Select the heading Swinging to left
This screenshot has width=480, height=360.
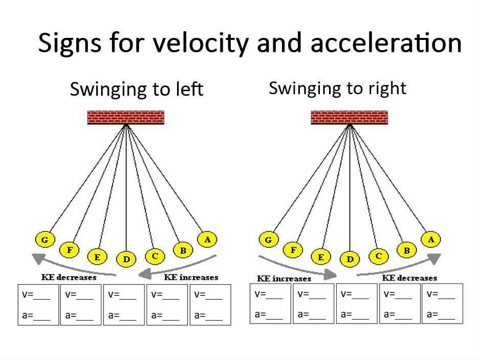(137, 89)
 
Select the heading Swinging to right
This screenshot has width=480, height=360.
(337, 88)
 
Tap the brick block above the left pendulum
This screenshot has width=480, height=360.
(126, 117)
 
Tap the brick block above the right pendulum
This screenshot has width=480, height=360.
(350, 117)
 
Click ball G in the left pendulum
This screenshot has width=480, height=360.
(45, 239)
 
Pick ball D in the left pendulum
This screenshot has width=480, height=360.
(126, 259)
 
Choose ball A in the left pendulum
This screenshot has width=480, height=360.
(207, 239)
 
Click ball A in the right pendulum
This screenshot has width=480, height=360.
(430, 239)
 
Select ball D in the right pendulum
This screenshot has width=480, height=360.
(350, 259)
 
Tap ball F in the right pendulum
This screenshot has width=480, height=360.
(293, 250)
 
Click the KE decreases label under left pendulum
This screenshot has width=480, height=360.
(69, 278)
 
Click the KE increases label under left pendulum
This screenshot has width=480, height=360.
(190, 278)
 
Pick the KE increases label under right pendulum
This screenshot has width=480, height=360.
(284, 279)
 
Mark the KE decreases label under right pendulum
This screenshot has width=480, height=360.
(409, 278)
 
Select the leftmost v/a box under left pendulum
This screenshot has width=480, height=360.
(38, 305)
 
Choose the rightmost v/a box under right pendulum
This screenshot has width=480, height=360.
(442, 304)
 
